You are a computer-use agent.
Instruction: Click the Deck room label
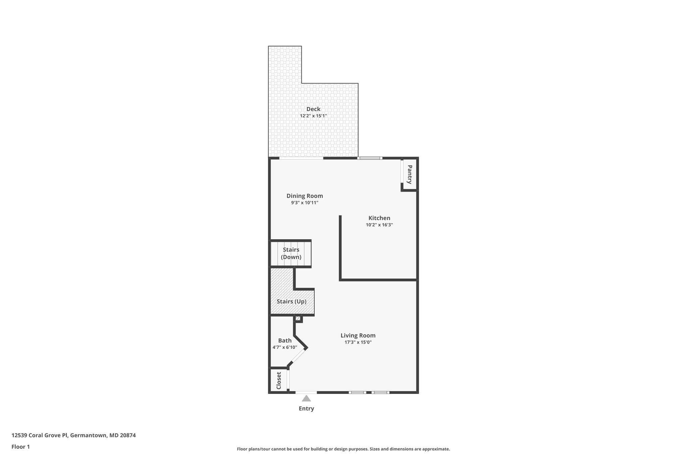tap(313, 109)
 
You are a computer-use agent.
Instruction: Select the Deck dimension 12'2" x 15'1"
tap(313, 116)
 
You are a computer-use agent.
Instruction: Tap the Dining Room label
tap(305, 196)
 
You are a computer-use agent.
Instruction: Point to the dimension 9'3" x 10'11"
tap(305, 203)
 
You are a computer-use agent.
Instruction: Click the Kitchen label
tap(379, 218)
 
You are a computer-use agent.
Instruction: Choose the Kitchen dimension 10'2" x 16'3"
tap(379, 225)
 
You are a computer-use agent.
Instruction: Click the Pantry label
tap(410, 174)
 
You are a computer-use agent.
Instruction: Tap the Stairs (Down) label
tap(291, 253)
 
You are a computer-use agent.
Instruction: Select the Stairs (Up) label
tap(292, 301)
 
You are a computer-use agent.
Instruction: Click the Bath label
tap(285, 340)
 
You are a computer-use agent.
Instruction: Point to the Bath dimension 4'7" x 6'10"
tap(285, 347)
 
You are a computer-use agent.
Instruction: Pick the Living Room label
tap(358, 335)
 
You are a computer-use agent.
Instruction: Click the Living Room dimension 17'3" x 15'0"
tap(358, 342)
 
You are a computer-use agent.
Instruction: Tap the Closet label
tap(279, 380)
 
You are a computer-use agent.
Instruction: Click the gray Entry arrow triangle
tap(306, 398)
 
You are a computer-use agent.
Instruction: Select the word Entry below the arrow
tap(306, 409)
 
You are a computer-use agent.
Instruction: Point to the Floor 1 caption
tap(21, 447)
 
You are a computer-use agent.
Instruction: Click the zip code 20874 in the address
tap(128, 435)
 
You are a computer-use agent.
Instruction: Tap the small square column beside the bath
tap(298, 318)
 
